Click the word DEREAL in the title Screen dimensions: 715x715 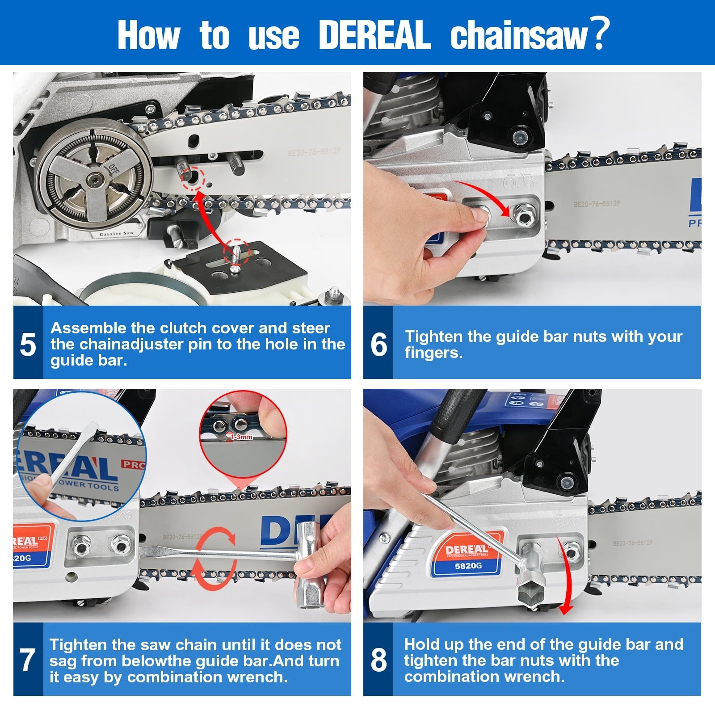[x=374, y=35]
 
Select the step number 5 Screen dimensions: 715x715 [x=28, y=345]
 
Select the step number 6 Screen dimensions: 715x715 [x=379, y=345]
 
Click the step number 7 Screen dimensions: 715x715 [x=28, y=660]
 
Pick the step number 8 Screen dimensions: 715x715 [x=379, y=660]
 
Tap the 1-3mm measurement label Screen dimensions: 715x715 [x=241, y=437]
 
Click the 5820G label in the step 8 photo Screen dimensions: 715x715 [x=468, y=566]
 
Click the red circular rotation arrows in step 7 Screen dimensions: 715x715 [x=216, y=555]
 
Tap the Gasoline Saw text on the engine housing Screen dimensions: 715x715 [x=116, y=234]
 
